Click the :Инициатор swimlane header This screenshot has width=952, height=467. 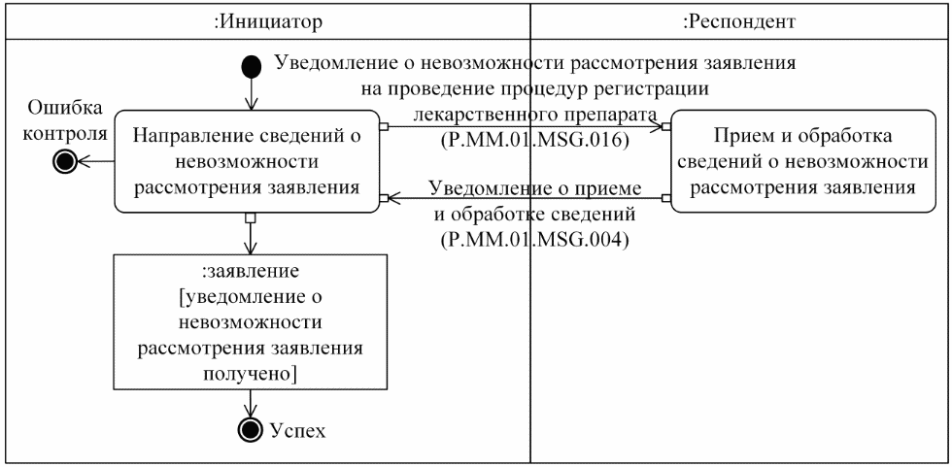pyautogui.click(x=267, y=19)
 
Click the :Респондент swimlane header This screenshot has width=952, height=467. pyautogui.click(x=739, y=19)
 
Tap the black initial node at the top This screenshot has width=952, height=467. pyautogui.click(x=252, y=66)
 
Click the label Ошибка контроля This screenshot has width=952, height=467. pyautogui.click(x=66, y=120)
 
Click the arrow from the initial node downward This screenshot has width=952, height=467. pyautogui.click(x=252, y=94)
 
